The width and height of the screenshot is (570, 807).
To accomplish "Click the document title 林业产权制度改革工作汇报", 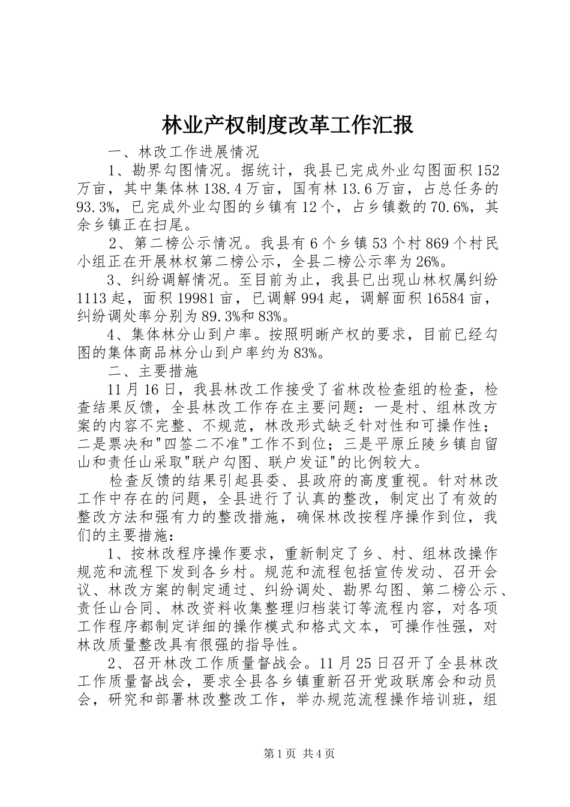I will (x=287, y=125).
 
